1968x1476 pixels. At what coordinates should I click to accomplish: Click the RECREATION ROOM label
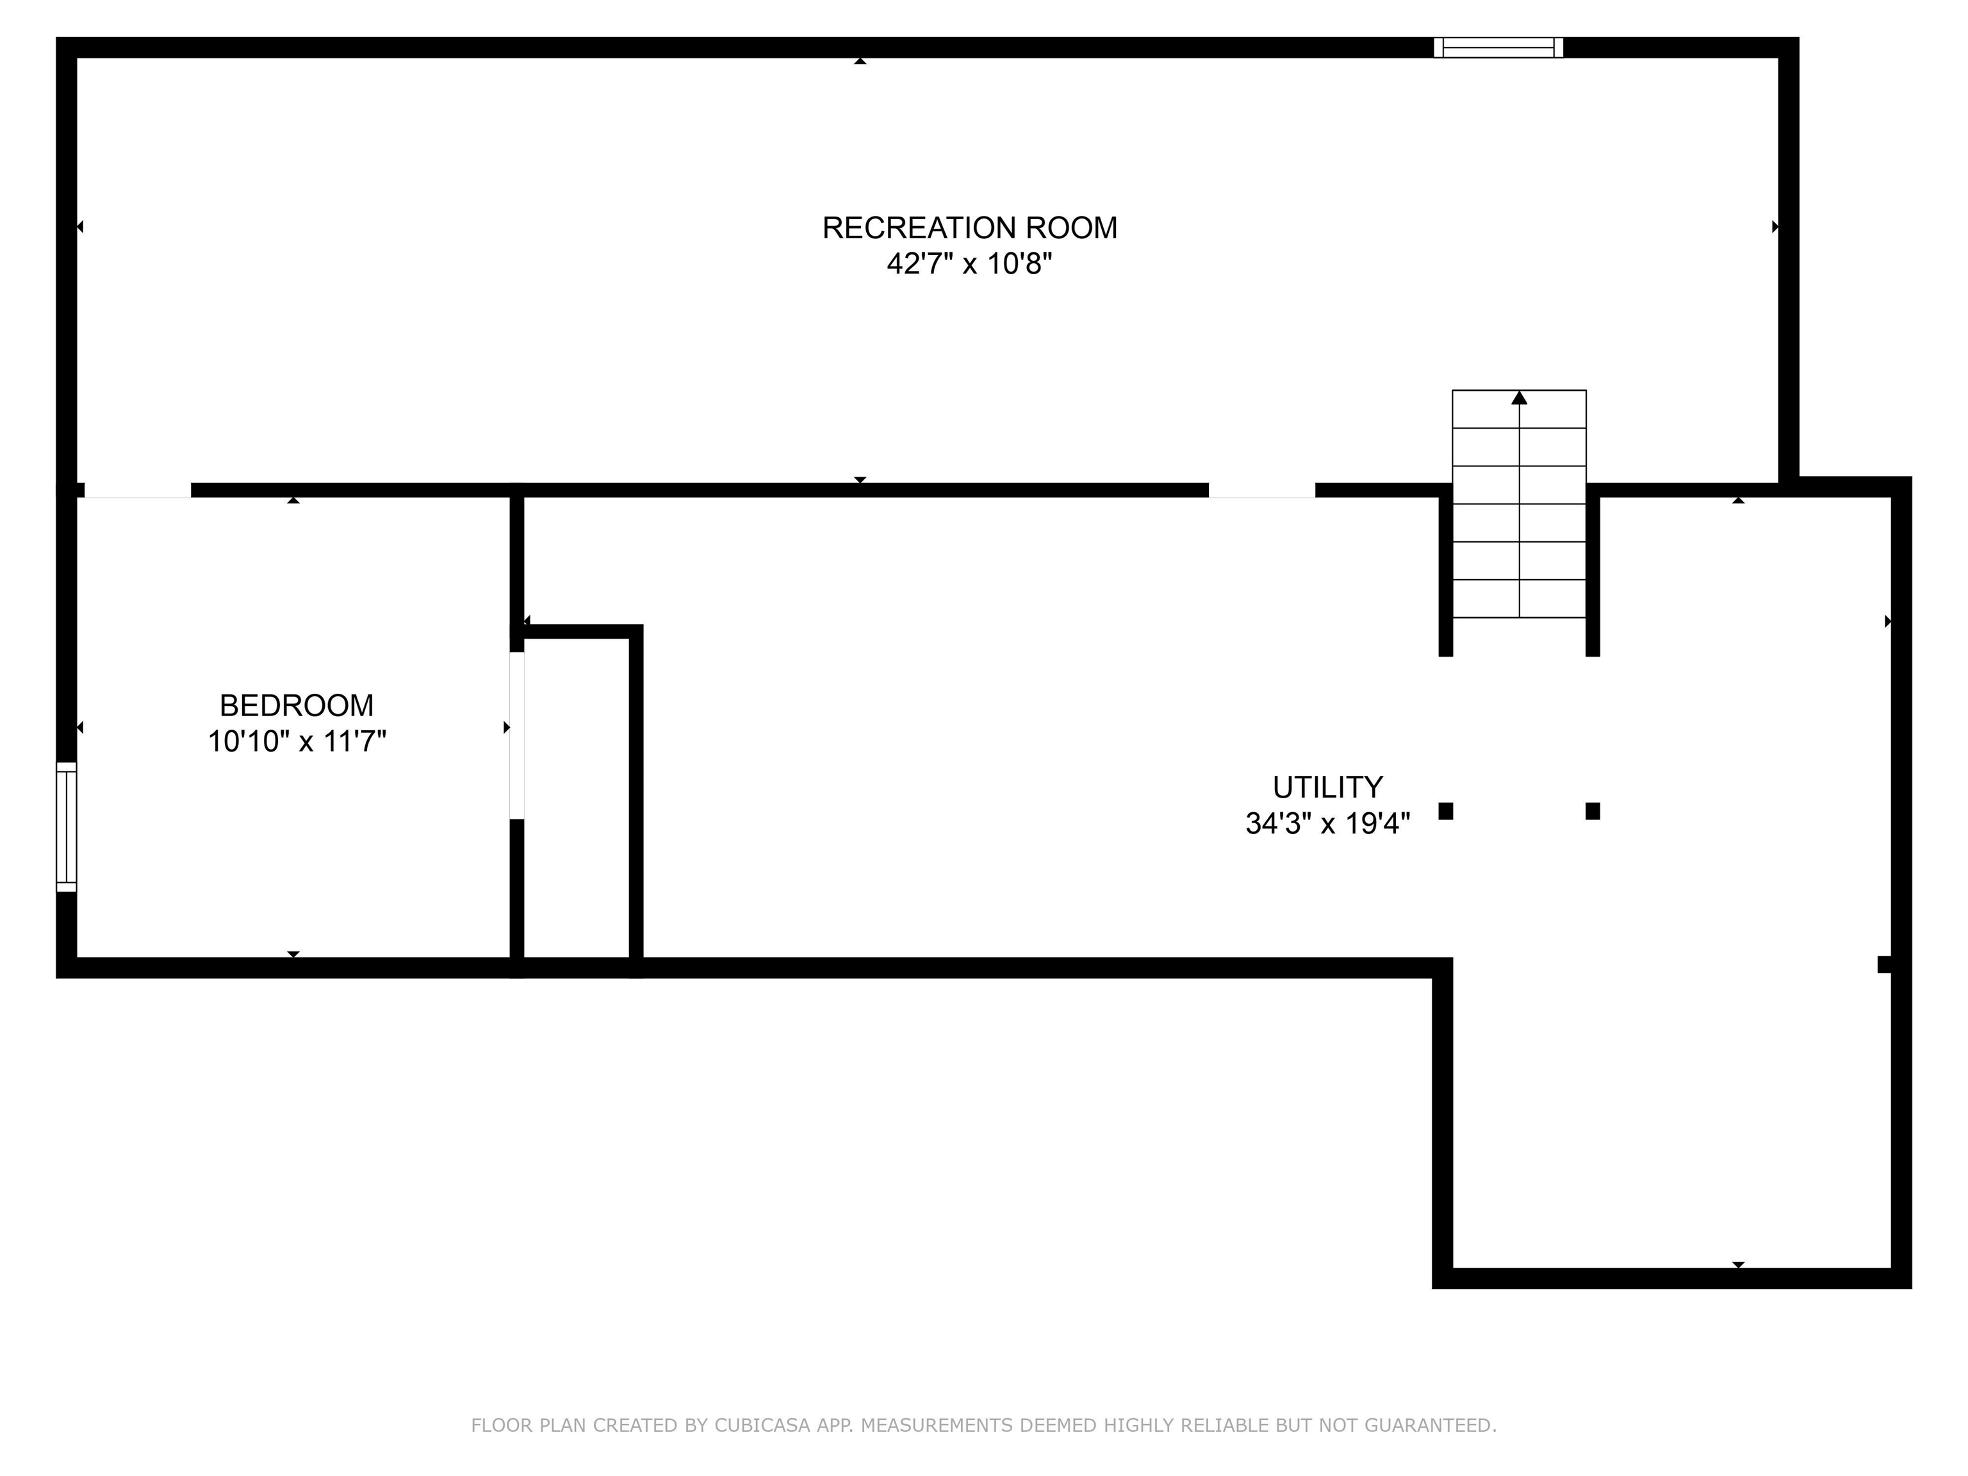(969, 228)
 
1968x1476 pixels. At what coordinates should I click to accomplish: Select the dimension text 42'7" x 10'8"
(969, 264)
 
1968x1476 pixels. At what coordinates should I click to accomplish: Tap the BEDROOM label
(296, 705)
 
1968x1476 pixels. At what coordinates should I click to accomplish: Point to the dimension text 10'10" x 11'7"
(296, 741)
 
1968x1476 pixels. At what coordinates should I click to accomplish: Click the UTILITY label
(1327, 787)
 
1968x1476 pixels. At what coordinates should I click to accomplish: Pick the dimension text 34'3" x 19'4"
(1327, 824)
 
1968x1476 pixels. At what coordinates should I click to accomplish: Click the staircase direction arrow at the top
(1519, 398)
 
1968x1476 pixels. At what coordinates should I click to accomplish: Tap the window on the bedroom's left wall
(67, 826)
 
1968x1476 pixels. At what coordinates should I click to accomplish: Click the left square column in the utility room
(1446, 810)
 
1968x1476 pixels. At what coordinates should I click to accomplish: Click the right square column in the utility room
(1593, 810)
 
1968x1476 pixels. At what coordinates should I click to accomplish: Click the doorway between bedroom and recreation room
(137, 490)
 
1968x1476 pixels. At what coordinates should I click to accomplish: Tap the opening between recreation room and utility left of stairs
(1261, 490)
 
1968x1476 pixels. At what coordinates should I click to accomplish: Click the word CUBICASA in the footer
(762, 1425)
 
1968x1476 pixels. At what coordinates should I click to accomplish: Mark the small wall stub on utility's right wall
(1883, 963)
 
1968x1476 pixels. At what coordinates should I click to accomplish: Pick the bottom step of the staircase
(1519, 599)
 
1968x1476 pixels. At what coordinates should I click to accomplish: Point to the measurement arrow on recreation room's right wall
(1775, 227)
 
